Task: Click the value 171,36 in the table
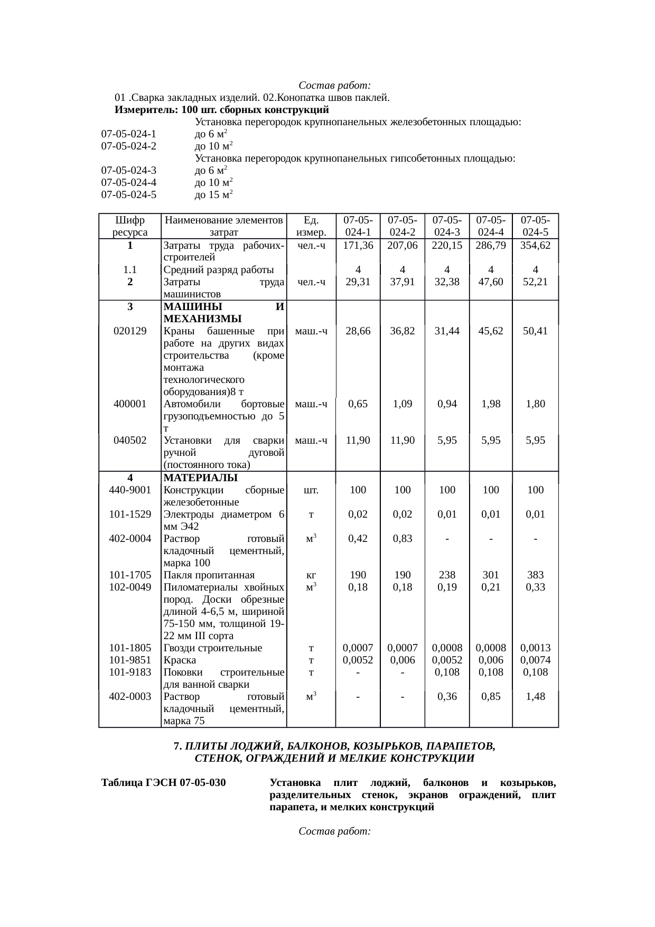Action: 358,246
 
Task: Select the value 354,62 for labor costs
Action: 535,246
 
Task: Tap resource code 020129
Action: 130,331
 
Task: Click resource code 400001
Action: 130,404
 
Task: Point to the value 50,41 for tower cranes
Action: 535,331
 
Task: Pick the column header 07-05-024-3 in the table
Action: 447,226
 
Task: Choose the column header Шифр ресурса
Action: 130,226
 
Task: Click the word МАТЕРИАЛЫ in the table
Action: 201,478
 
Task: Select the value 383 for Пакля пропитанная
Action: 535,575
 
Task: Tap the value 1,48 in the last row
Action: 535,697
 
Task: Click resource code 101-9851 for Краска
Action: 130,660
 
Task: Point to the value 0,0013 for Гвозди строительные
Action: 535,648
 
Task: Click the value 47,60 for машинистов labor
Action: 491,282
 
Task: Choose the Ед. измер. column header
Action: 311,226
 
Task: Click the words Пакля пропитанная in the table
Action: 209,575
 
